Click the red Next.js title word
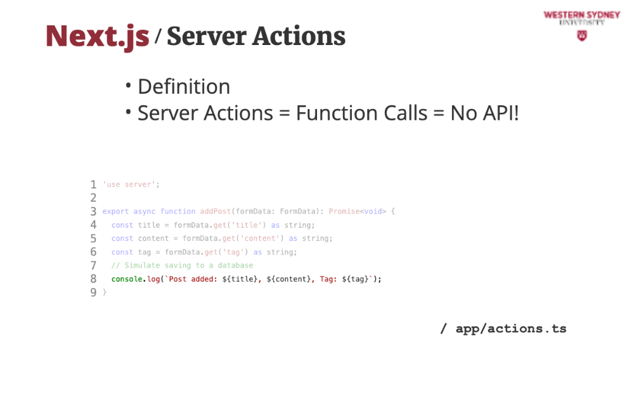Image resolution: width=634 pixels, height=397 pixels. [97, 36]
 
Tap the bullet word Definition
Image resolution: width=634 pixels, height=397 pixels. [184, 86]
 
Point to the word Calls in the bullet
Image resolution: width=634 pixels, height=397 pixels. [397, 113]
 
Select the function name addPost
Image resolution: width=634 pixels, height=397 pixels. [215, 211]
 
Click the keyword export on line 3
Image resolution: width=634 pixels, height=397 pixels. [115, 211]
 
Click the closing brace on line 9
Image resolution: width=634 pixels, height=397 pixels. [105, 292]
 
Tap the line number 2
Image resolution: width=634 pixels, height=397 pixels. [93, 198]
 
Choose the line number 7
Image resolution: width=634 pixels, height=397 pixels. [93, 265]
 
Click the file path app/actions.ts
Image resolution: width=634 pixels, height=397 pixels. [510, 329]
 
